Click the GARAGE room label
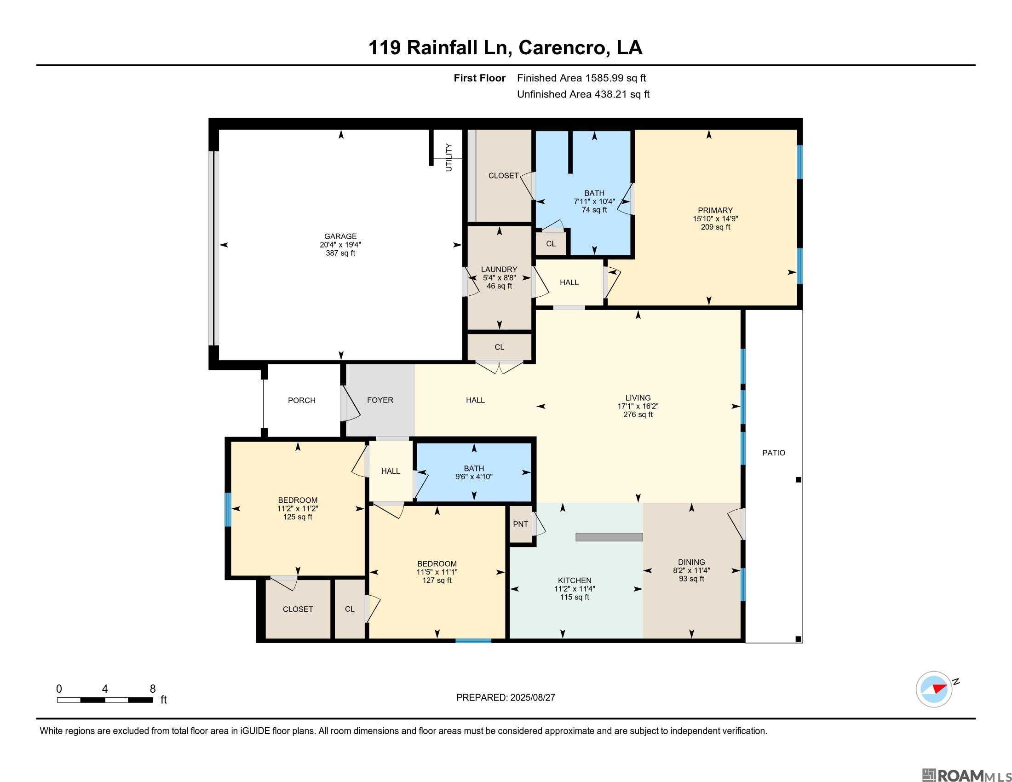340,236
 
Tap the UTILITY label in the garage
448,157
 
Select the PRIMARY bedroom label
715,210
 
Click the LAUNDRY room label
499,269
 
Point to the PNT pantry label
520,524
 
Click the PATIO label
774,453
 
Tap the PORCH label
302,400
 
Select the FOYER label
380,400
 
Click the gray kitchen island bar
609,537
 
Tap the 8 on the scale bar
153,689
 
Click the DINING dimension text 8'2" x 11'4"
691,571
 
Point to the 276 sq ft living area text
638,414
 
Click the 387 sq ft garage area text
340,253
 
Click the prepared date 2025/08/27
532,698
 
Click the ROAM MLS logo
966,775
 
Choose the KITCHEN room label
575,581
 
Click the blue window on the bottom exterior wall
473,641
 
